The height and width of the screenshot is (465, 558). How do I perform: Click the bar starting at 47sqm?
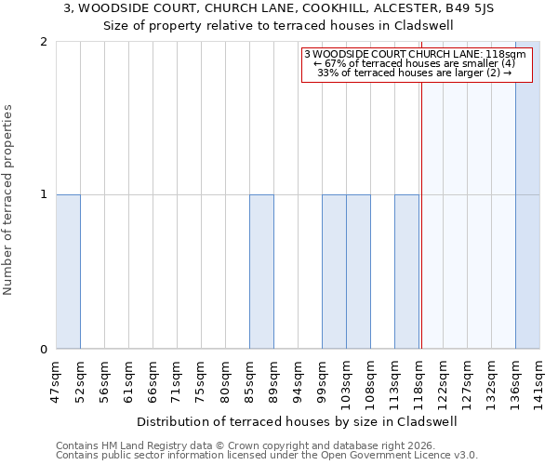[x=68, y=272]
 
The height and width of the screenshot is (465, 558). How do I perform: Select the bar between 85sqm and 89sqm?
[x=261, y=272]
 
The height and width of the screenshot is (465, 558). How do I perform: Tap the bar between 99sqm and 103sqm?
[x=334, y=272]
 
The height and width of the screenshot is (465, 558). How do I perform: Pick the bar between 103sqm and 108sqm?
[x=358, y=272]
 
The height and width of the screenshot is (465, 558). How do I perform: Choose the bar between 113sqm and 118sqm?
[x=406, y=272]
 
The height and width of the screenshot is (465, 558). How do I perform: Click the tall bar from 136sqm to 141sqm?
[x=527, y=195]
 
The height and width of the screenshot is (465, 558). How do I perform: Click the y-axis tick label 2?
[x=44, y=42]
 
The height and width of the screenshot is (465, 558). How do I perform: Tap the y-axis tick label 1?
[x=44, y=195]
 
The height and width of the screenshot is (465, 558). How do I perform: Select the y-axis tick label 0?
[x=44, y=350]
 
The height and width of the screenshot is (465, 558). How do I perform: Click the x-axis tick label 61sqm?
[x=129, y=381]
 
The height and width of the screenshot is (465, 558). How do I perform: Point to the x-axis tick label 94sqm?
[x=299, y=381]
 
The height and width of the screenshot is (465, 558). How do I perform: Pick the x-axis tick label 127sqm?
[x=468, y=381]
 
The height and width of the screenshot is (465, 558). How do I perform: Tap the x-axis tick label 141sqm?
[x=540, y=381]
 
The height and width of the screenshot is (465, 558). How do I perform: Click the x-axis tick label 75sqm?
[x=202, y=381]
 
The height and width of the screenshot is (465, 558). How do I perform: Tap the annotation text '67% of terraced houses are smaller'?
[x=417, y=63]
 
